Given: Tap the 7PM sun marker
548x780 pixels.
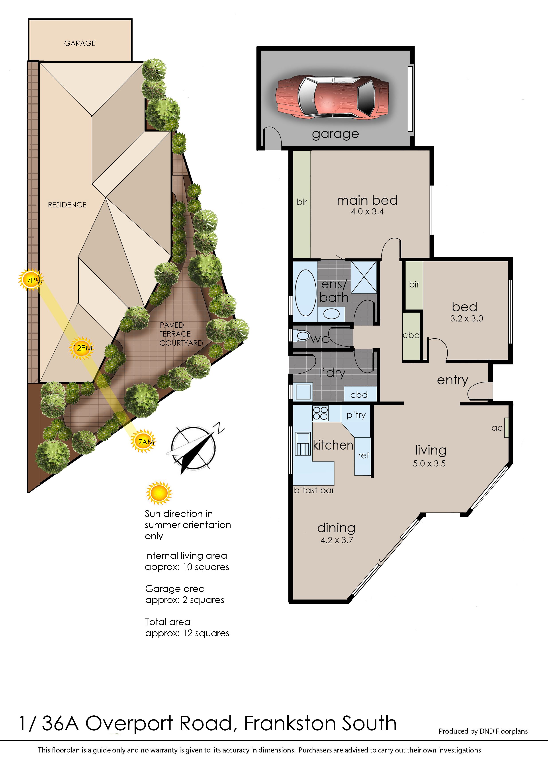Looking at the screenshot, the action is [31, 280].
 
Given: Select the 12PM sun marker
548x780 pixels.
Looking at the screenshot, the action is [82, 348].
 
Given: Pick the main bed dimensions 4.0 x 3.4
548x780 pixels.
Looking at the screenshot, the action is [367, 212].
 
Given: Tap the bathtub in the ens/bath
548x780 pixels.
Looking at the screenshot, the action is [305, 293].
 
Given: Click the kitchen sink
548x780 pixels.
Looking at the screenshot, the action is [303, 444].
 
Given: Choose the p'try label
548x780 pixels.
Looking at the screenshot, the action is [356, 415].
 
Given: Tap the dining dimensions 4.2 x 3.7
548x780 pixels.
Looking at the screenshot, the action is [337, 540].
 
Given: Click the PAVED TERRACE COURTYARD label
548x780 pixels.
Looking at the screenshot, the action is [181, 334].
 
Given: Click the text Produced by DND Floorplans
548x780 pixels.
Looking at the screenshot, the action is [483, 731].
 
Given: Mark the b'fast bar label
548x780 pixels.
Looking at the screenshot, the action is [314, 490].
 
